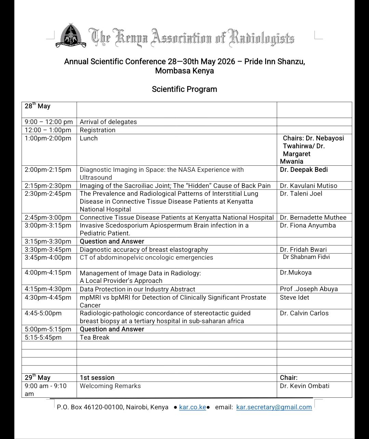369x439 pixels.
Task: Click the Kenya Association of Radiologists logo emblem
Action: point(71,36)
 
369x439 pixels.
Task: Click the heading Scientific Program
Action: point(184,89)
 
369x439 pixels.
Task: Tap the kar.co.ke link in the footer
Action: point(192,407)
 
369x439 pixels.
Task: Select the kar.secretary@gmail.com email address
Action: point(274,407)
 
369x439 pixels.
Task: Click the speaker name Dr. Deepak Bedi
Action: point(304,170)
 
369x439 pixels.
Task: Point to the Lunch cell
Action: point(89,138)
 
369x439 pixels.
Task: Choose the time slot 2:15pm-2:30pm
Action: point(48,186)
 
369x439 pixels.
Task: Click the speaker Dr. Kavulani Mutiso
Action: point(308,186)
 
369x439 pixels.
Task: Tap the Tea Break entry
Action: point(95,337)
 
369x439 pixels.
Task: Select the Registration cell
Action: point(98,130)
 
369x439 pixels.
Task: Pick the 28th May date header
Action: point(38,106)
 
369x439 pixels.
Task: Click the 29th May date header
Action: point(38,378)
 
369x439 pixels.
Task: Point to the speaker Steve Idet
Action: point(294,297)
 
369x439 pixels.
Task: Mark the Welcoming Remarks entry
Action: point(110,386)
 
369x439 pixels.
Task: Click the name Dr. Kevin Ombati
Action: point(304,386)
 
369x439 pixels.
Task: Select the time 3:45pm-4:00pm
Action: point(48,257)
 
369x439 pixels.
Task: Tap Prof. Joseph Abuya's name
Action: point(309,289)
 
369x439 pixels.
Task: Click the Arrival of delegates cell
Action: point(108,122)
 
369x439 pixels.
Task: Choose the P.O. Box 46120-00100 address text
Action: point(112,407)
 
